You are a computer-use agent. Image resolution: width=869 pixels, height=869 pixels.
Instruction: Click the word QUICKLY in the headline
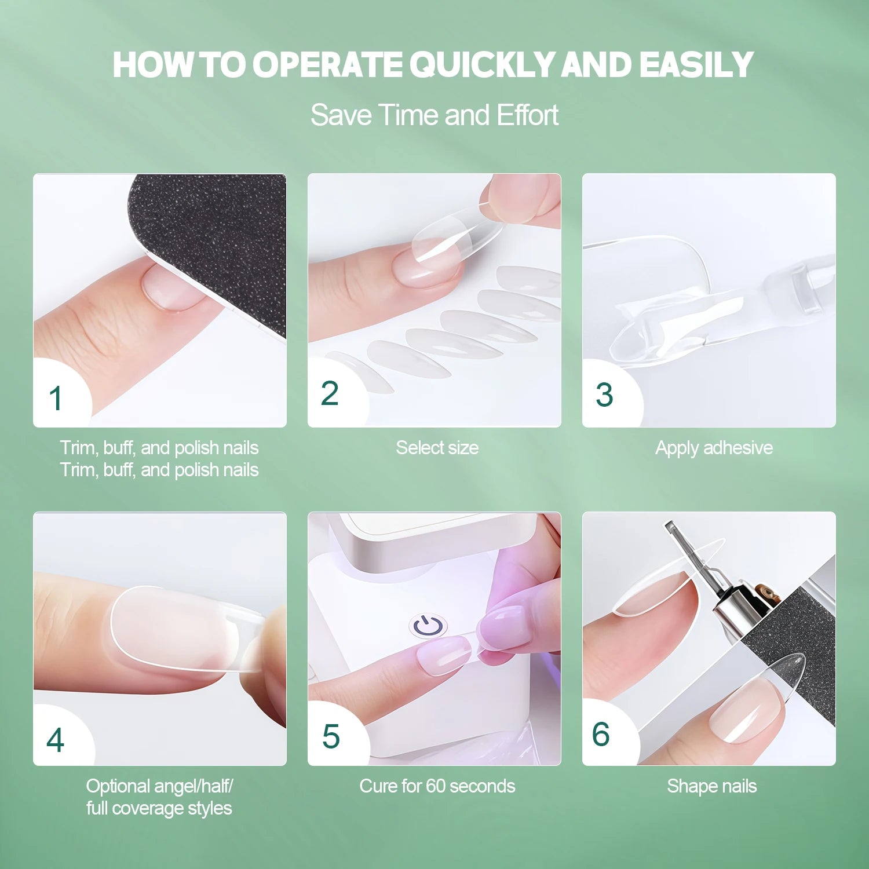[x=482, y=64]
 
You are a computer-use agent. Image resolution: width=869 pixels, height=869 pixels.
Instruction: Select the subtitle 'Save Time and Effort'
[x=434, y=115]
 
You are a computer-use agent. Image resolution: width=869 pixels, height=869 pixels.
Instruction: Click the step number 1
[x=56, y=399]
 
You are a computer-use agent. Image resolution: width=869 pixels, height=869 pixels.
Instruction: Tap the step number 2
[x=330, y=394]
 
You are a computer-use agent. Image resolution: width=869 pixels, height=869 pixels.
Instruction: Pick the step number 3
[x=604, y=395]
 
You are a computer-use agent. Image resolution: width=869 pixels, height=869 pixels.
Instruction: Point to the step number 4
[x=55, y=740]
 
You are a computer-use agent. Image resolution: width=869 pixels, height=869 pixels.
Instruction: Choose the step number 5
[x=331, y=737]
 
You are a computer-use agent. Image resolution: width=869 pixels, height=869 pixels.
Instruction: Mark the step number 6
[x=601, y=735]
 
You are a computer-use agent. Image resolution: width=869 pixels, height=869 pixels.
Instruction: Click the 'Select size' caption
[x=437, y=448]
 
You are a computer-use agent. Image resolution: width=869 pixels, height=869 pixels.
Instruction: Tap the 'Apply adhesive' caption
[x=714, y=448]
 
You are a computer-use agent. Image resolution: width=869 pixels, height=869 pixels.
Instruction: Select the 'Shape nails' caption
[x=711, y=786]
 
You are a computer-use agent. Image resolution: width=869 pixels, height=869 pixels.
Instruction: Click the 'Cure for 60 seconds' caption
[x=437, y=786]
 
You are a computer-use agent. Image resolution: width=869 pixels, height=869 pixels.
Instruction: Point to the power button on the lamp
[x=428, y=626]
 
